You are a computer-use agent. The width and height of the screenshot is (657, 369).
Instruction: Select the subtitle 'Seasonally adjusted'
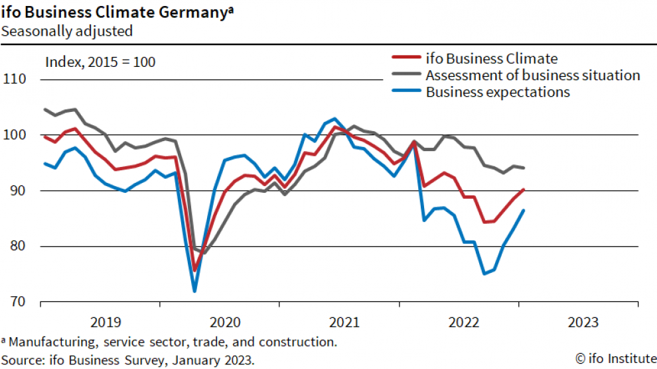point(67,30)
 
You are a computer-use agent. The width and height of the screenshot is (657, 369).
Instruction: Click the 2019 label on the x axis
point(106,323)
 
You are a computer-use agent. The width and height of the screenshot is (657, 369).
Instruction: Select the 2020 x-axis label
point(226,323)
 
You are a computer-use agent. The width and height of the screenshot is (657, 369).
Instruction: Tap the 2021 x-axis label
point(345,323)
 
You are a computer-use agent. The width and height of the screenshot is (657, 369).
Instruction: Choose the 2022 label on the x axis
point(465,323)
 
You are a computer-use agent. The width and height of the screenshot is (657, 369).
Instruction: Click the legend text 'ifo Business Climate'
point(492,58)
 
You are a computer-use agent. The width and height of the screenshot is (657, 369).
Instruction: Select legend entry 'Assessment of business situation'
point(533,75)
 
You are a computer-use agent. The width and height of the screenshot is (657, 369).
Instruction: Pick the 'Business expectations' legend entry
point(498,92)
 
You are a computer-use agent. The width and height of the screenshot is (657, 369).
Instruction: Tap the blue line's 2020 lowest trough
point(194,290)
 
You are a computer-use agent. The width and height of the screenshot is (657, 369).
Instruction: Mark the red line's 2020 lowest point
point(194,270)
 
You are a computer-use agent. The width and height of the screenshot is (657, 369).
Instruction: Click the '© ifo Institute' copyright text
point(615,358)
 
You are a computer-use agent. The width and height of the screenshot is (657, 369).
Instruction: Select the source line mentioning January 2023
point(128,360)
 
